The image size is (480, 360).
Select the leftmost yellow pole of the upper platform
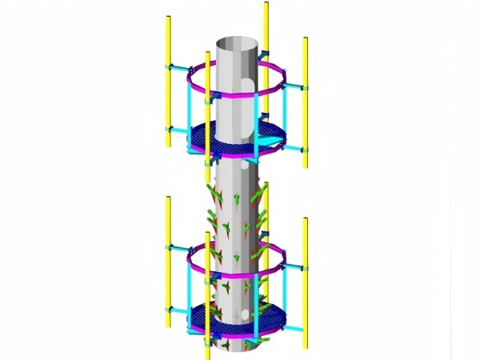[x=166, y=80]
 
